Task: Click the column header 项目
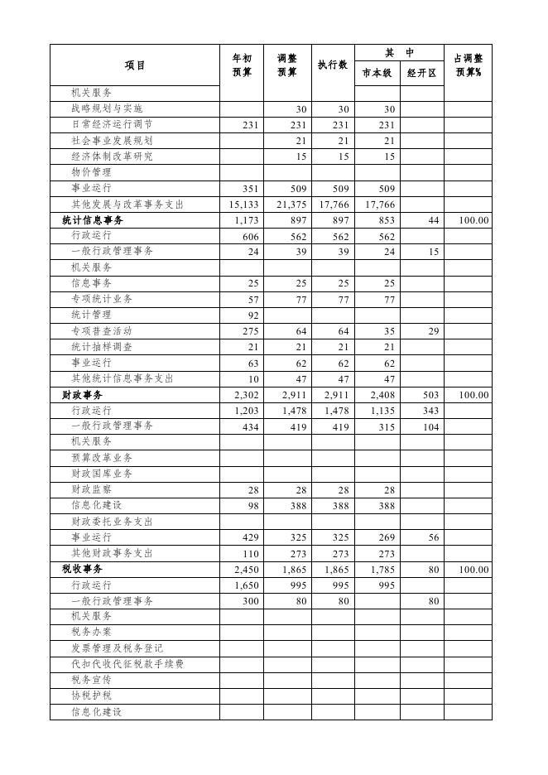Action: (135, 65)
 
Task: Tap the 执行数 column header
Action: (332, 65)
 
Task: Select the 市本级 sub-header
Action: (377, 74)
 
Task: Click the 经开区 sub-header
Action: (422, 74)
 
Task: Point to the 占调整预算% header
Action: (469, 65)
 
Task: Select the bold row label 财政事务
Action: (80, 395)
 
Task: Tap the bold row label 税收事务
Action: (80, 570)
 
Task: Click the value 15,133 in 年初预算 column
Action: (242, 205)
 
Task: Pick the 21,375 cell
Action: (288, 205)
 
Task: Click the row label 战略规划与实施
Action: (107, 108)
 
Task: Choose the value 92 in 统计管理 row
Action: (252, 315)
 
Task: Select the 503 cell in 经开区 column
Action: (430, 395)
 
